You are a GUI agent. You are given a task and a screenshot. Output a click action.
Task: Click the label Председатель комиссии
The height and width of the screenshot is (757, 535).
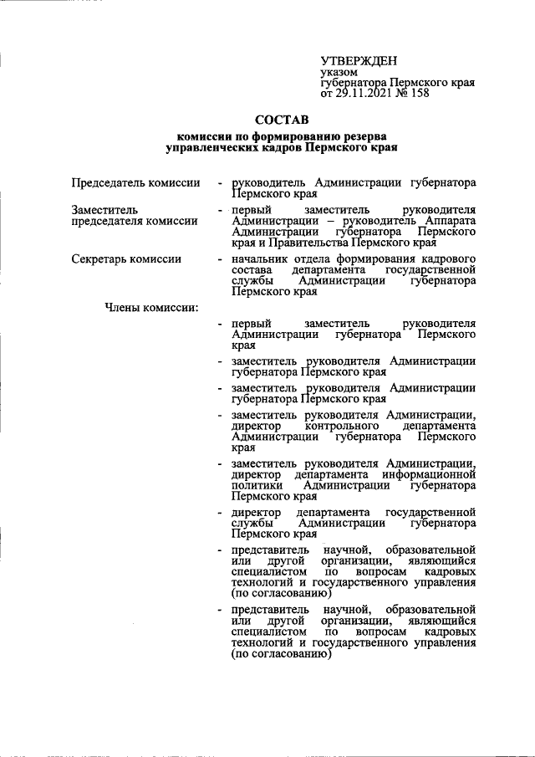(135, 182)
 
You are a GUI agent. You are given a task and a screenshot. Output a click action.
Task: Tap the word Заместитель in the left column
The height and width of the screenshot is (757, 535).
(104, 209)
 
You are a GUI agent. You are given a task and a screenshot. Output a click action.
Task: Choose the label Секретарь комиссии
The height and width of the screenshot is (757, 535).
(126, 258)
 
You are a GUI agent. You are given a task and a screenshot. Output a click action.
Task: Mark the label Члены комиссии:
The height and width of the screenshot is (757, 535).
(150, 307)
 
